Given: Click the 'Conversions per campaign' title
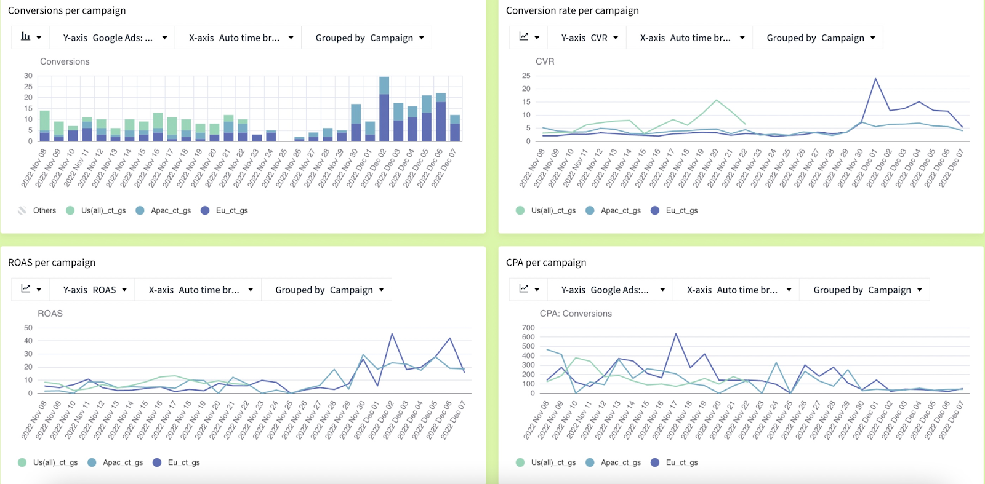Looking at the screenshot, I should pyautogui.click(x=66, y=10).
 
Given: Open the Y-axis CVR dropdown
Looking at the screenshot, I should pyautogui.click(x=589, y=38).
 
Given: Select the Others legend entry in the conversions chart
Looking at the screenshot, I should pyautogui.click(x=38, y=210).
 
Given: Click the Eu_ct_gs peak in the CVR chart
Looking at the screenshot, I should pyautogui.click(x=875, y=79).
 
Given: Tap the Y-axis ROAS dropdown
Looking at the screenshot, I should pyautogui.click(x=95, y=290).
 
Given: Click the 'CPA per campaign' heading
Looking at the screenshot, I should pyautogui.click(x=545, y=263).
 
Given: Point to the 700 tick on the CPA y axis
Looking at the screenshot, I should pyautogui.click(x=528, y=328).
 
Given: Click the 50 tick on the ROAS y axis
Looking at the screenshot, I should pyautogui.click(x=28, y=328).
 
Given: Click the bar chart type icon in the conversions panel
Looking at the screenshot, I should pyautogui.click(x=26, y=37).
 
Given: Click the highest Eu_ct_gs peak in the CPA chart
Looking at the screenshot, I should pyautogui.click(x=676, y=334).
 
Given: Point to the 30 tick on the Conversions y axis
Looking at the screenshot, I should pyautogui.click(x=28, y=76).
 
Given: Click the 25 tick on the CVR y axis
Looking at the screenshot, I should pyautogui.click(x=526, y=76).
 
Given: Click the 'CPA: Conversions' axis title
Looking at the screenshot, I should pyautogui.click(x=576, y=314).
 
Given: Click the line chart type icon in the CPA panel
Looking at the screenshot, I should pyautogui.click(x=524, y=288).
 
